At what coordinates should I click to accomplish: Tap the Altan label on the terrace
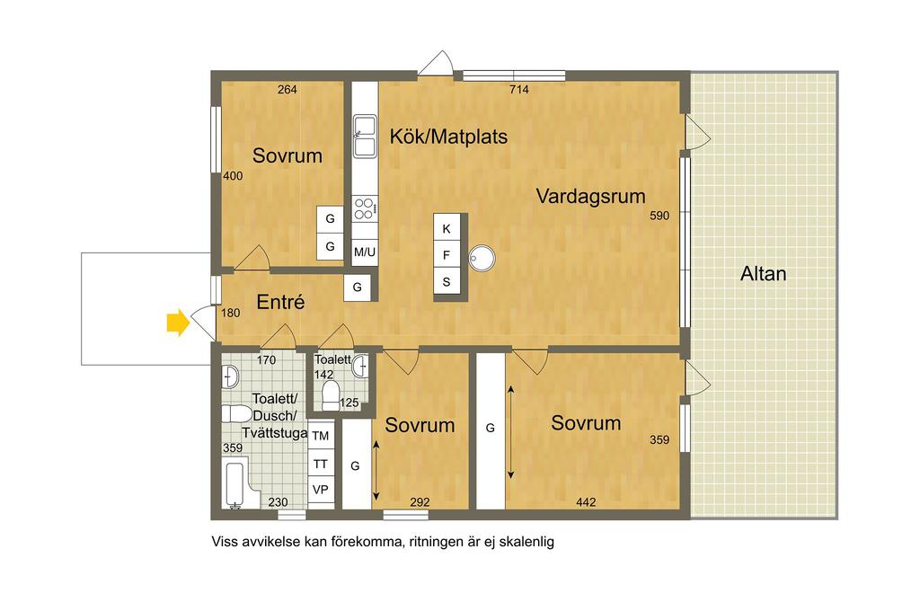coord(763,273)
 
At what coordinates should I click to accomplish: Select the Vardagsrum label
coord(590,196)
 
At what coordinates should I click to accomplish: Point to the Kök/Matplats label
coord(448,137)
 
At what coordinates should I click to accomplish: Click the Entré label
coord(280,302)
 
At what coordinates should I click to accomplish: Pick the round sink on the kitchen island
coord(482,258)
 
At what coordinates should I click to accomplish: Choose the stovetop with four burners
coord(365,209)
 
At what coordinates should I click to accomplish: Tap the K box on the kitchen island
coord(447,229)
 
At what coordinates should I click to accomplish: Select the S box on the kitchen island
coord(447,282)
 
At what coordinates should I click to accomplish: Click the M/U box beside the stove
coord(365,252)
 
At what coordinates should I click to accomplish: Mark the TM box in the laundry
coord(321,436)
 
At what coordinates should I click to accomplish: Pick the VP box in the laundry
coord(321,490)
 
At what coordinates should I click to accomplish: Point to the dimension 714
coord(518,89)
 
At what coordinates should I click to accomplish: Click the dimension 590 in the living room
coord(659,216)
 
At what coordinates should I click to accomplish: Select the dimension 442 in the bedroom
coord(586,502)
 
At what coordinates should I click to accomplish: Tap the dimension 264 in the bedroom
coord(287,89)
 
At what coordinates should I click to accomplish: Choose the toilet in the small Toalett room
coord(331,395)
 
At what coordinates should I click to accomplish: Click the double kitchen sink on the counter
coord(365,137)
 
